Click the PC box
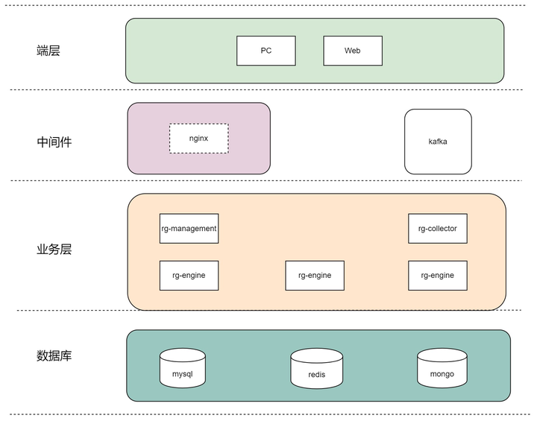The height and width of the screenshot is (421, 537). [x=266, y=51]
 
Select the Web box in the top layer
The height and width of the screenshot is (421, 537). [x=352, y=51]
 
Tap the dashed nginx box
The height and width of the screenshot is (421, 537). [x=198, y=139]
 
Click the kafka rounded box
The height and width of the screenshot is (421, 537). [x=438, y=142]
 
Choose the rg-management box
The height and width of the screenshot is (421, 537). [x=189, y=229]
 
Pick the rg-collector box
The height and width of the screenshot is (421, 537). [x=437, y=229]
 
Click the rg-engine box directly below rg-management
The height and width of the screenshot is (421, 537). [x=189, y=276]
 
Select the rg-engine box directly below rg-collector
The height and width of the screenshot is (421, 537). [x=437, y=276]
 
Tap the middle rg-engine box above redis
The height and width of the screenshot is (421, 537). [x=315, y=276]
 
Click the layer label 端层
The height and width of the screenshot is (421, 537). [x=48, y=51]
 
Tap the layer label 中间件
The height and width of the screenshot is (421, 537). [x=54, y=142]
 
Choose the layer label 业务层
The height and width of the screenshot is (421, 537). [x=54, y=250]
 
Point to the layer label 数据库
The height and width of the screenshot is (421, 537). [x=54, y=355]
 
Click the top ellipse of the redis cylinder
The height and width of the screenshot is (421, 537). [x=317, y=355]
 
